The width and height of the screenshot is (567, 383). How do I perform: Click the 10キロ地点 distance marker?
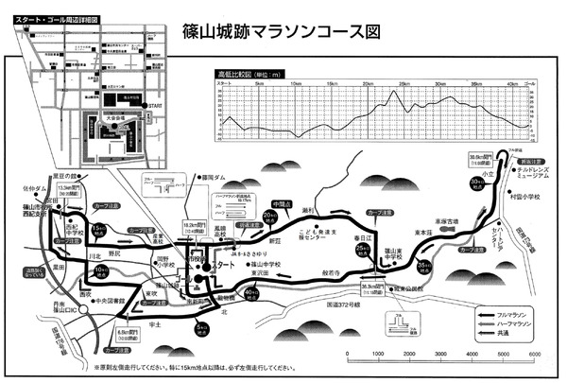101,272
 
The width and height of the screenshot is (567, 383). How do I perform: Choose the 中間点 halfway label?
280,204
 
